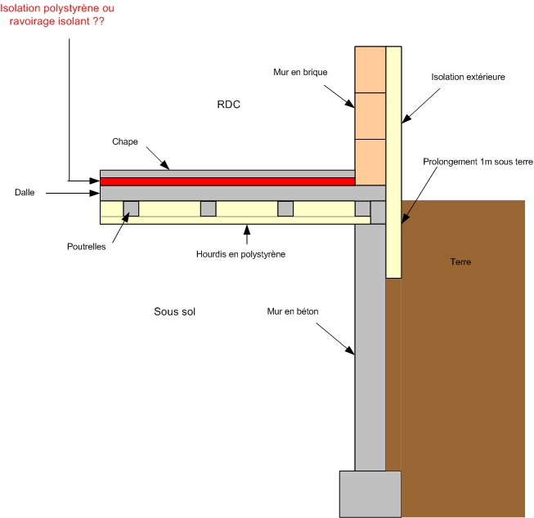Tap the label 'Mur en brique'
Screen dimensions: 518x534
pos(300,73)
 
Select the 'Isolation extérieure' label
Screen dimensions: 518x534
pos(468,77)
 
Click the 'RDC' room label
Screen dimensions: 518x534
pos(229,105)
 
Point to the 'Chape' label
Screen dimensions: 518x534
pos(125,142)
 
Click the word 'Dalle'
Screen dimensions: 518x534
pos(25,193)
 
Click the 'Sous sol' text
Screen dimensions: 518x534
pos(175,312)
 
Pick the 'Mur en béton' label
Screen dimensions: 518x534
pos(292,311)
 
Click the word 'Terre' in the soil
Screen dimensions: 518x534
pos(460,262)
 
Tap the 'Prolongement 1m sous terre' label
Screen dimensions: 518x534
pos(478,163)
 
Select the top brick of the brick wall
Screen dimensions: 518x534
pos(369,69)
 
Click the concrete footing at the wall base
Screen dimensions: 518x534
pos(370,493)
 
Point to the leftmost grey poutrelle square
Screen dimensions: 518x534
pos(131,208)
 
